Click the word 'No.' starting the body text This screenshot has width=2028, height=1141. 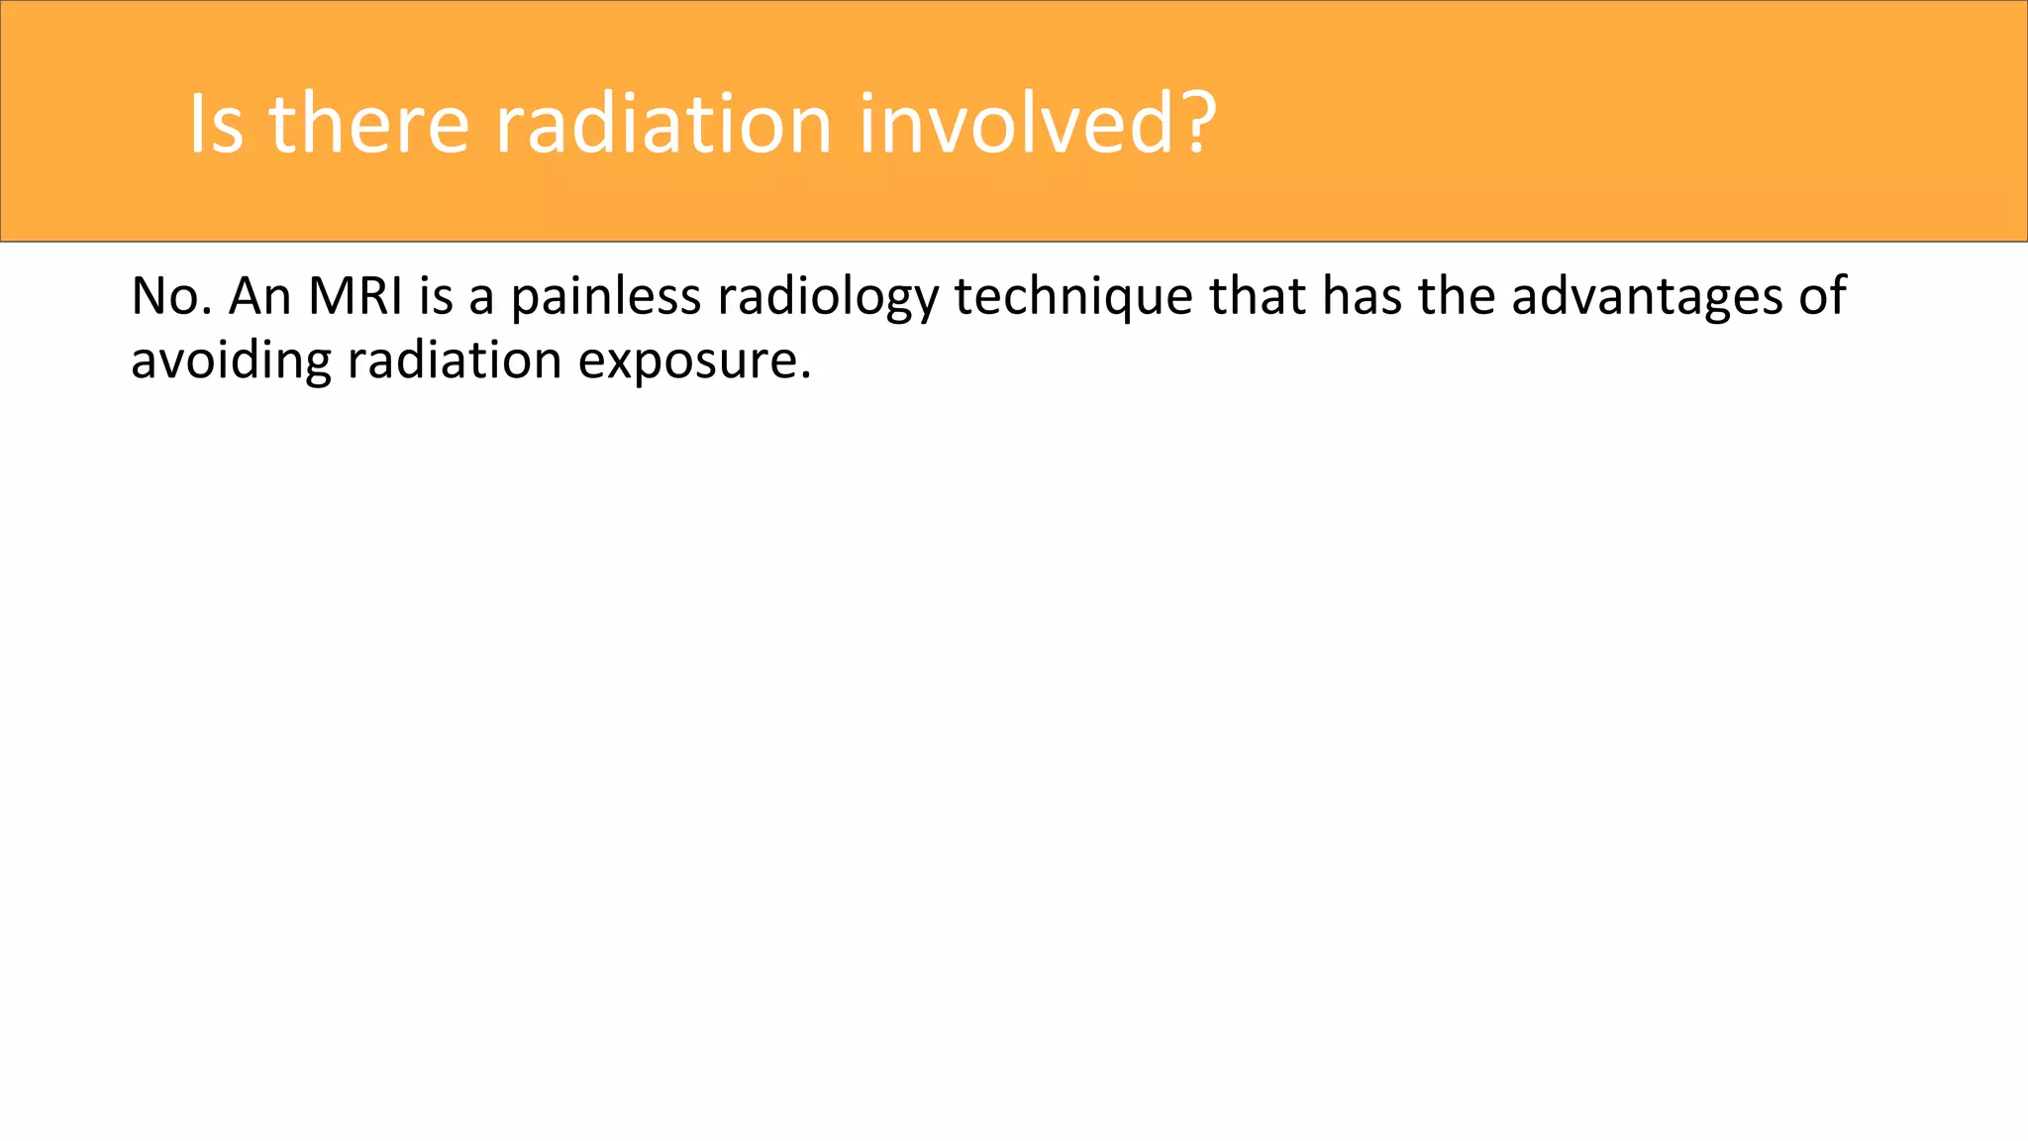point(170,296)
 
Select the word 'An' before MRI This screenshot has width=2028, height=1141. point(259,296)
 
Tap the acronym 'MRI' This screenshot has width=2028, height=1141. point(355,296)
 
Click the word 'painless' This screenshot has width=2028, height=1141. point(606,296)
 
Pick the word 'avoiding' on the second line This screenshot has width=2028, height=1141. point(231,361)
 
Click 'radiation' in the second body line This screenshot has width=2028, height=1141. point(455,360)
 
